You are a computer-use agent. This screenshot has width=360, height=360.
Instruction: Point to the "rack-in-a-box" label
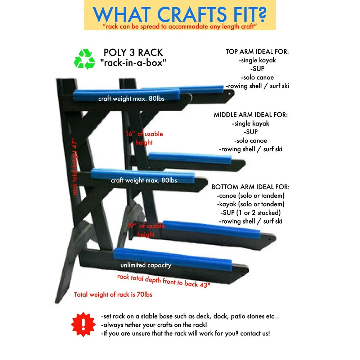[133, 63]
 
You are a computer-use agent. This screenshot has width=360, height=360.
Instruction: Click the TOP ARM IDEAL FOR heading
[257, 51]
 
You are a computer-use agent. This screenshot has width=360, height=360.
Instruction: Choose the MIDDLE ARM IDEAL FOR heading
[251, 115]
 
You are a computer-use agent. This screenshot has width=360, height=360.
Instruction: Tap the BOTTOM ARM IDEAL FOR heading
[251, 187]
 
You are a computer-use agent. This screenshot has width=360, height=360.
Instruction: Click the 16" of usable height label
[144, 138]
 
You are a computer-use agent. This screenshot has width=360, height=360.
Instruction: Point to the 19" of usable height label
[146, 230]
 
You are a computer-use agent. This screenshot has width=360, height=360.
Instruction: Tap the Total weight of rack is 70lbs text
[113, 294]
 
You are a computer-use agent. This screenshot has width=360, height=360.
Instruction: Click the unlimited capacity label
[146, 265]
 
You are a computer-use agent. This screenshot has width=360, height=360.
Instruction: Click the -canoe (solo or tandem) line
[251, 196]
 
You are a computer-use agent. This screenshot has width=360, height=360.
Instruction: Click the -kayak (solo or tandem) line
[251, 204]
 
